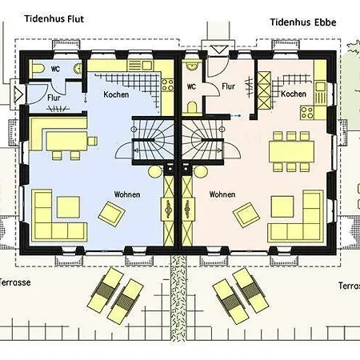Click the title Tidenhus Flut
point(54,19)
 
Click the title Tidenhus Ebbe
point(303,22)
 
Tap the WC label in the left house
point(55,69)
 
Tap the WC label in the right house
point(191,86)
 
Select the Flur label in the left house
point(54,98)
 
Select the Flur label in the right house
point(228,86)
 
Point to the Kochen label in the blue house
point(116,94)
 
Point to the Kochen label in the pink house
point(294,94)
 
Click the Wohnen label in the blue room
point(127,194)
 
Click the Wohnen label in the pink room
point(222,194)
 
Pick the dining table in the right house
point(291,151)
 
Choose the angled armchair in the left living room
point(112,214)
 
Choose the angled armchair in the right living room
point(246,215)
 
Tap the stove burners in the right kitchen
point(307,112)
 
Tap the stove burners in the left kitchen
point(167,85)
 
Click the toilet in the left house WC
point(38,68)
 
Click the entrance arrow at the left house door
point(18,94)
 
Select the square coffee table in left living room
point(68,207)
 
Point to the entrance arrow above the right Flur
point(218,50)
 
